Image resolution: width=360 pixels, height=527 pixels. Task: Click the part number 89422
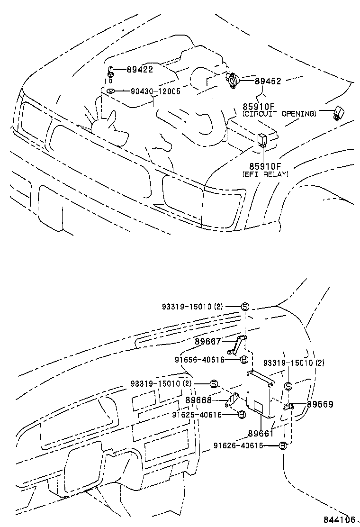tap(139, 70)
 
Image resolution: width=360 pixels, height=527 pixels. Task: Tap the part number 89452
tap(268, 81)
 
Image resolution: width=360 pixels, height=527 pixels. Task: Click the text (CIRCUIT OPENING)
tap(279, 114)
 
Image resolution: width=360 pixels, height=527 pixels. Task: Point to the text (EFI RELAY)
tap(265, 174)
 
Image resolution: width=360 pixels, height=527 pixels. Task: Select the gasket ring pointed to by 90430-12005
tap(110, 91)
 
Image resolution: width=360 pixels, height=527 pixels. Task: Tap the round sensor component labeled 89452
tap(233, 81)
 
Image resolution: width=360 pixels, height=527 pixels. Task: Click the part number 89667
tap(207, 341)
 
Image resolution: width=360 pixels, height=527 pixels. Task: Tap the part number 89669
tap(320, 404)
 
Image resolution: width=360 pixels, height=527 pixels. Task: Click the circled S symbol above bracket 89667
tap(245, 306)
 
